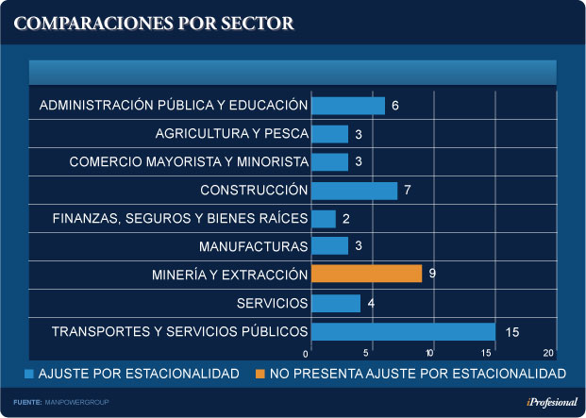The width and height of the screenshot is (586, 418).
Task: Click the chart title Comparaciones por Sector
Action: [x=155, y=22]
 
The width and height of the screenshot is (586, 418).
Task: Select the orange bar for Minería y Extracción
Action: [x=366, y=274]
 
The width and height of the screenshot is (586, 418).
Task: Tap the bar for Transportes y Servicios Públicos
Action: [x=403, y=331]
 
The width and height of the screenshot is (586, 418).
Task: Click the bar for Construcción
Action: [x=354, y=191]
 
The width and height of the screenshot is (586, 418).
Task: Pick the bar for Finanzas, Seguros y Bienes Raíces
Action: [x=323, y=219]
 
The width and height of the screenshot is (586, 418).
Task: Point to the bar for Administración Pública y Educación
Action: [x=347, y=106]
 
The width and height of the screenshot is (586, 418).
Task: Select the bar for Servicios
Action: [x=335, y=303]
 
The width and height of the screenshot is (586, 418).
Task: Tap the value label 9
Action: [x=432, y=275]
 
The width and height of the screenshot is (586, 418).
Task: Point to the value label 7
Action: [x=407, y=191]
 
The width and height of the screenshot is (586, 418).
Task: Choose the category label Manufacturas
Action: [x=254, y=247]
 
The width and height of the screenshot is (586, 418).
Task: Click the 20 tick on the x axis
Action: [x=549, y=353]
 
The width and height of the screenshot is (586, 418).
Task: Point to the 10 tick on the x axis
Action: [x=429, y=353]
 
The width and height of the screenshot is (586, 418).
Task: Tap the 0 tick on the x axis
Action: [x=307, y=353]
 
